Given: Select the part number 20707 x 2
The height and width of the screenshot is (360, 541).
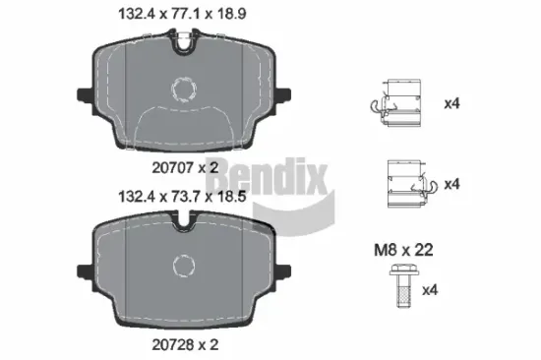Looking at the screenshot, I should [183, 168].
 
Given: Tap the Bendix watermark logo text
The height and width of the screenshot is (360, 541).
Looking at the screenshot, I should [259, 176].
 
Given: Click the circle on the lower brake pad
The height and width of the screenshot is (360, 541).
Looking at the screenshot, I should [184, 267].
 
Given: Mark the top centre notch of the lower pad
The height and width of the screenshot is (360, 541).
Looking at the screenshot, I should [184, 227].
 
